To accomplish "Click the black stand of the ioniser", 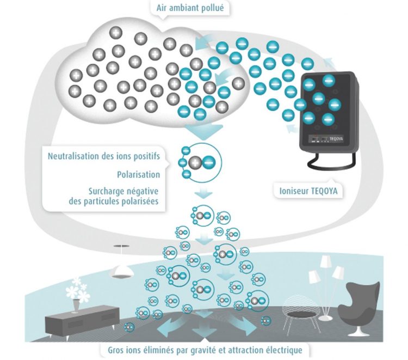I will click(332, 161).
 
